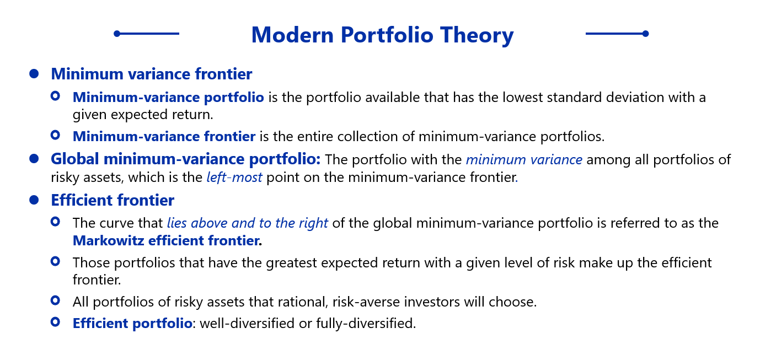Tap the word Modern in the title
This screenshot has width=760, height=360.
pos(292,35)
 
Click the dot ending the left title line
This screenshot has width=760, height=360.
pos(117,34)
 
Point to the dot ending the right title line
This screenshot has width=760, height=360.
pos(645,34)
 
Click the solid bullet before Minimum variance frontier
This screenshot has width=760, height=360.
pos(34,74)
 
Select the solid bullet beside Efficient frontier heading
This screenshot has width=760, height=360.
pos(34,200)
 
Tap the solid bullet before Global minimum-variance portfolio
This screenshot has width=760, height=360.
pos(34,158)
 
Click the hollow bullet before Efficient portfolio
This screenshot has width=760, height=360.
pos(55,322)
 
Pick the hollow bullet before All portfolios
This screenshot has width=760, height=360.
pos(55,300)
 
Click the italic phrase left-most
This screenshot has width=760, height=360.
pos(234,177)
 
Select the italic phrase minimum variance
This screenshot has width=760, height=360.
pos(524,159)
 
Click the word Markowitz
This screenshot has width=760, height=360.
pos(109,240)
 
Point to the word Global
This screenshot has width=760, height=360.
pos(75,159)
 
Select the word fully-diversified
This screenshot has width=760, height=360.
pos(366,324)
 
